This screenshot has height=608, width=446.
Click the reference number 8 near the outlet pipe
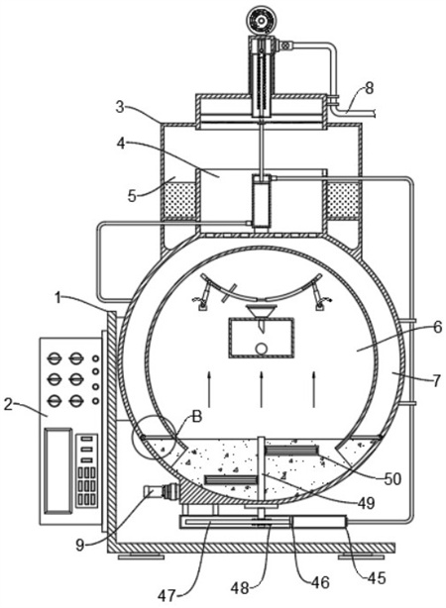pos(369,88)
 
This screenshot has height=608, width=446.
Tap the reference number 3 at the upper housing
pos(120,107)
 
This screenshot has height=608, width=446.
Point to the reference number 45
pos(376,577)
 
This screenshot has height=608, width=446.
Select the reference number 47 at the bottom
pos(167,595)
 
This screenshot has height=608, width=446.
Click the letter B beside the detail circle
pos(197,417)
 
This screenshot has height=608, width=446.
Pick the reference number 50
pos(391,479)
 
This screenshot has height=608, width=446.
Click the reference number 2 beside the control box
pos(9,405)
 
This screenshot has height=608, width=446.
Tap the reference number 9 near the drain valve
pos(80,546)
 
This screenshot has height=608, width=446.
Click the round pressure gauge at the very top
pos(261,20)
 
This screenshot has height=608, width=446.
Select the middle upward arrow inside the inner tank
pos(262,389)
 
